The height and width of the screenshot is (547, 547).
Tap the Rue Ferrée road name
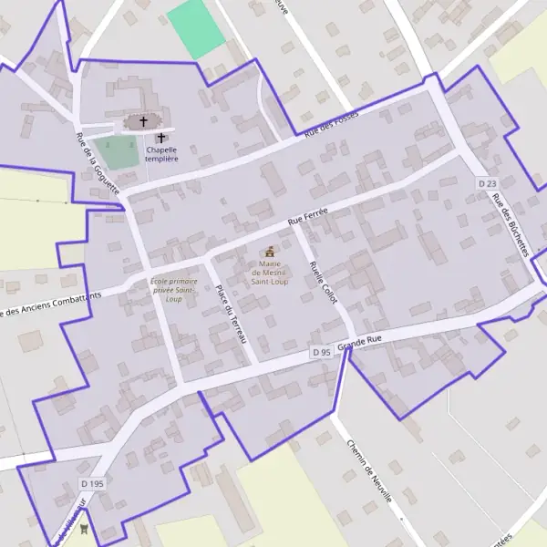[307, 215]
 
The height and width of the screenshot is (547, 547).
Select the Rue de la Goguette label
[98, 164]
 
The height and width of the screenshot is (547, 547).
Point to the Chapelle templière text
[161, 154]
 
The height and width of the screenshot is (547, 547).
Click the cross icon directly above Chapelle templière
[161, 138]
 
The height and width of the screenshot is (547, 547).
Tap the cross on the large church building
[142, 121]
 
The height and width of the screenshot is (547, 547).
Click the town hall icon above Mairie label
[269, 252]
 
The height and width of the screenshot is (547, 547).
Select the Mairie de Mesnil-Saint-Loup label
[269, 273]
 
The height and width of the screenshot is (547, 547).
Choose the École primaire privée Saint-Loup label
[174, 290]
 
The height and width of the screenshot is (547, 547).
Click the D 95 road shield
[320, 352]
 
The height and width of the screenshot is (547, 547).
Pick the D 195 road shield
[92, 483]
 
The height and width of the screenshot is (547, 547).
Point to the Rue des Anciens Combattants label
[50, 302]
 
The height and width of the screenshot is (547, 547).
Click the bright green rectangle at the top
[195, 28]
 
